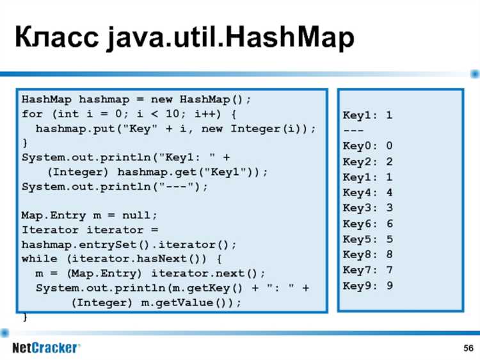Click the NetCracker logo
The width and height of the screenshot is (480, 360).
[x=46, y=348]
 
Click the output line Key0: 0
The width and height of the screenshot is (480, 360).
[x=368, y=146]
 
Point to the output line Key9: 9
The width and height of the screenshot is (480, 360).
[x=368, y=286]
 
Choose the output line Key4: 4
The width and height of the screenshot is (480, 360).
[x=368, y=192]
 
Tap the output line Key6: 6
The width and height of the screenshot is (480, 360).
[x=368, y=224]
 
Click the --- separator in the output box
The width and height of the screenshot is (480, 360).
[x=354, y=131]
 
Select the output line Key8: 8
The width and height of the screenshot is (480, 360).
[x=368, y=254]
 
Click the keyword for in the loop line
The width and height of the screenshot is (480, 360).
[x=32, y=115]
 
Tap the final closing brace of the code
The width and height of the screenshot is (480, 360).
[x=25, y=316]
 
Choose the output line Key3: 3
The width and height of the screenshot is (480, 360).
[x=368, y=208]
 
